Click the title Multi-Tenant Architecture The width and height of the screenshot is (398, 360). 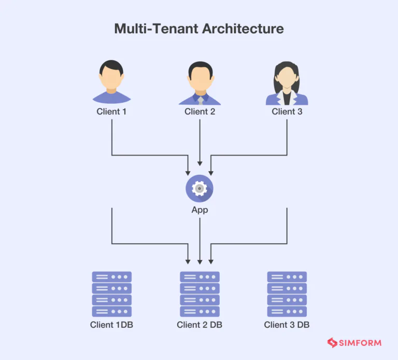(199, 28)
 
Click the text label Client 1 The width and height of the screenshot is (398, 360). (111, 112)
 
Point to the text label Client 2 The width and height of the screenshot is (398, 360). (200, 112)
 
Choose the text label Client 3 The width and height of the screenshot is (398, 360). (287, 112)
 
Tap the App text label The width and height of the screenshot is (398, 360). (200, 210)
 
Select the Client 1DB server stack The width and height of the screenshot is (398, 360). (111, 294)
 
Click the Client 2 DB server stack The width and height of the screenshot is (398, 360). (200, 294)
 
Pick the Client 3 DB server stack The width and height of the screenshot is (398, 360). (287, 294)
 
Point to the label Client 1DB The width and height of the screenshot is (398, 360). (111, 325)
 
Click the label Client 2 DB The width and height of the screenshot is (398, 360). (200, 325)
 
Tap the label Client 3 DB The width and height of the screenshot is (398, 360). (287, 325)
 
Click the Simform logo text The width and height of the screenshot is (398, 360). (361, 343)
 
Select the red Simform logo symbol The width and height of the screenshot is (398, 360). (332, 343)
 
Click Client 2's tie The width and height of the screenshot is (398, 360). (200, 100)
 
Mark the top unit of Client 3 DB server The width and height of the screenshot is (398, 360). (287, 277)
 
